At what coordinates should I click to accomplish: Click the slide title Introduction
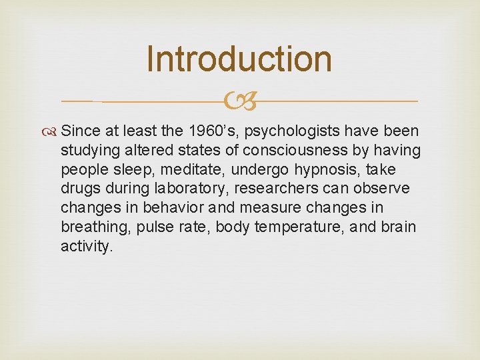click(x=239, y=59)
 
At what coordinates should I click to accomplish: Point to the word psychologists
click(x=294, y=131)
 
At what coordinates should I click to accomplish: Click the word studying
click(x=89, y=150)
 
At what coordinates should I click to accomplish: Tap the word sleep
click(x=118, y=169)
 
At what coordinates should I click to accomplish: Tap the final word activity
click(x=86, y=247)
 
